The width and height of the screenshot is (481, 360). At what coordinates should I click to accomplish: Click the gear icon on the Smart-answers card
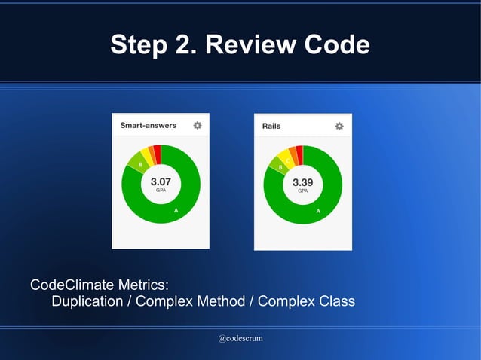(198, 126)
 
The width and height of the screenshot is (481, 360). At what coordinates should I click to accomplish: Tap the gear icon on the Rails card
(339, 126)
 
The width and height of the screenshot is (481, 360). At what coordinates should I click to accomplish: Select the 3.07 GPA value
(161, 182)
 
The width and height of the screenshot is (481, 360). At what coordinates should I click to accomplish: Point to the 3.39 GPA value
(302, 182)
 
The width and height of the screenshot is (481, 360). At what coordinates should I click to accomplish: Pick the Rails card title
(271, 126)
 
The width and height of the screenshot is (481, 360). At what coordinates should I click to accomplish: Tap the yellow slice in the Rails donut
(284, 156)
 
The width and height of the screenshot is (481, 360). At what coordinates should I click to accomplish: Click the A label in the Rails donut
(318, 211)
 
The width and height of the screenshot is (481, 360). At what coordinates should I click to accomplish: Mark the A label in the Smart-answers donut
(176, 211)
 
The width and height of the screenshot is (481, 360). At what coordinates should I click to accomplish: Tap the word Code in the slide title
(336, 45)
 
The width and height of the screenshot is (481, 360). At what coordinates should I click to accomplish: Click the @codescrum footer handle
(240, 339)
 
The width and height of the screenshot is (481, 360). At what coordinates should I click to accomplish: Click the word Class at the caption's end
(335, 302)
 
